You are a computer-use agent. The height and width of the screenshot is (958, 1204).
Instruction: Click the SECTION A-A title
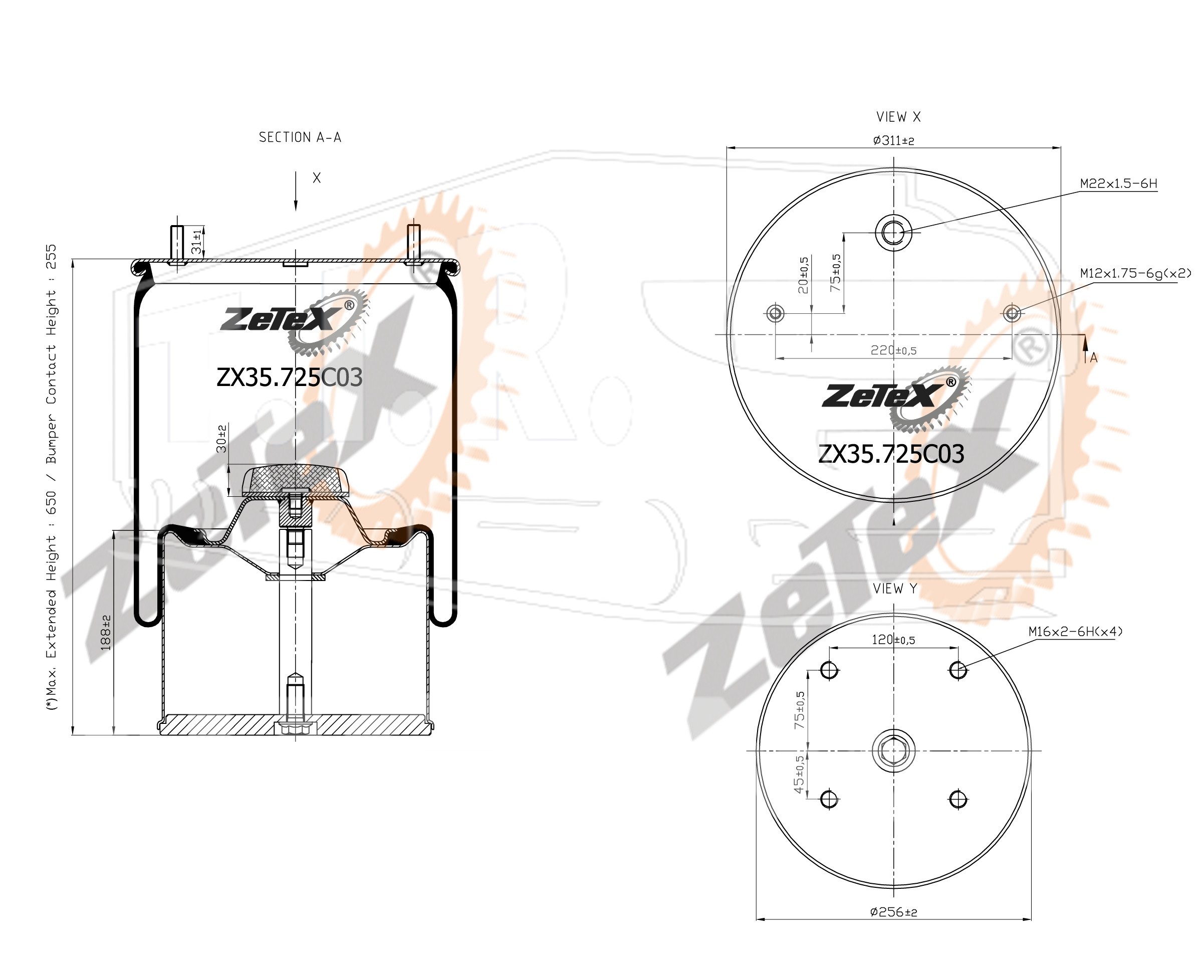tap(300, 137)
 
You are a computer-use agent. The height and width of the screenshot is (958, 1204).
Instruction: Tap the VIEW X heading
tap(898, 117)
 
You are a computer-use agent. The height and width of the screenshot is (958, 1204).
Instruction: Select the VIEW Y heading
tap(895, 588)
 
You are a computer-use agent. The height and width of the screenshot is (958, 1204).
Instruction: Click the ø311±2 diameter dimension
tap(893, 140)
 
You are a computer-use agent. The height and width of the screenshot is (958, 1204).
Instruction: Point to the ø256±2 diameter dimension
tap(893, 912)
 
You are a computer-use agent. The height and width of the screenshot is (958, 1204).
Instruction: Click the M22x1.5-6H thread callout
tap(1118, 183)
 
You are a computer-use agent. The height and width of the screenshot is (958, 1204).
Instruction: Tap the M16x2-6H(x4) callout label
tap(1076, 631)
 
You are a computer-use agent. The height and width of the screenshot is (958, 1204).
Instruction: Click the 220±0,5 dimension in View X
tap(893, 350)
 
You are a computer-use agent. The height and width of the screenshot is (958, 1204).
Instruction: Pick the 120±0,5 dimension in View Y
tap(893, 640)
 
